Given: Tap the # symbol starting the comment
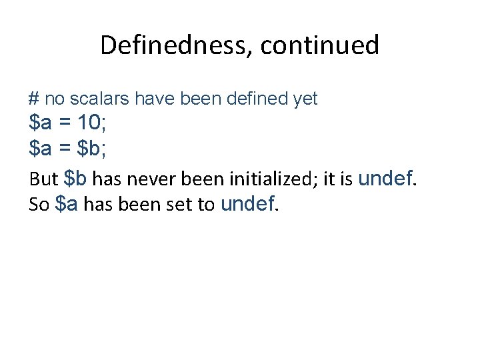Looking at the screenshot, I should coord(34,99).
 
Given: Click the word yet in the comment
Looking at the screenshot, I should coord(305,99).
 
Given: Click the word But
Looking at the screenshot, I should coord(44,179).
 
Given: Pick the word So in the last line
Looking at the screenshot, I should coord(40,205).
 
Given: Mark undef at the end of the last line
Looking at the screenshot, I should coord(247,204).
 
